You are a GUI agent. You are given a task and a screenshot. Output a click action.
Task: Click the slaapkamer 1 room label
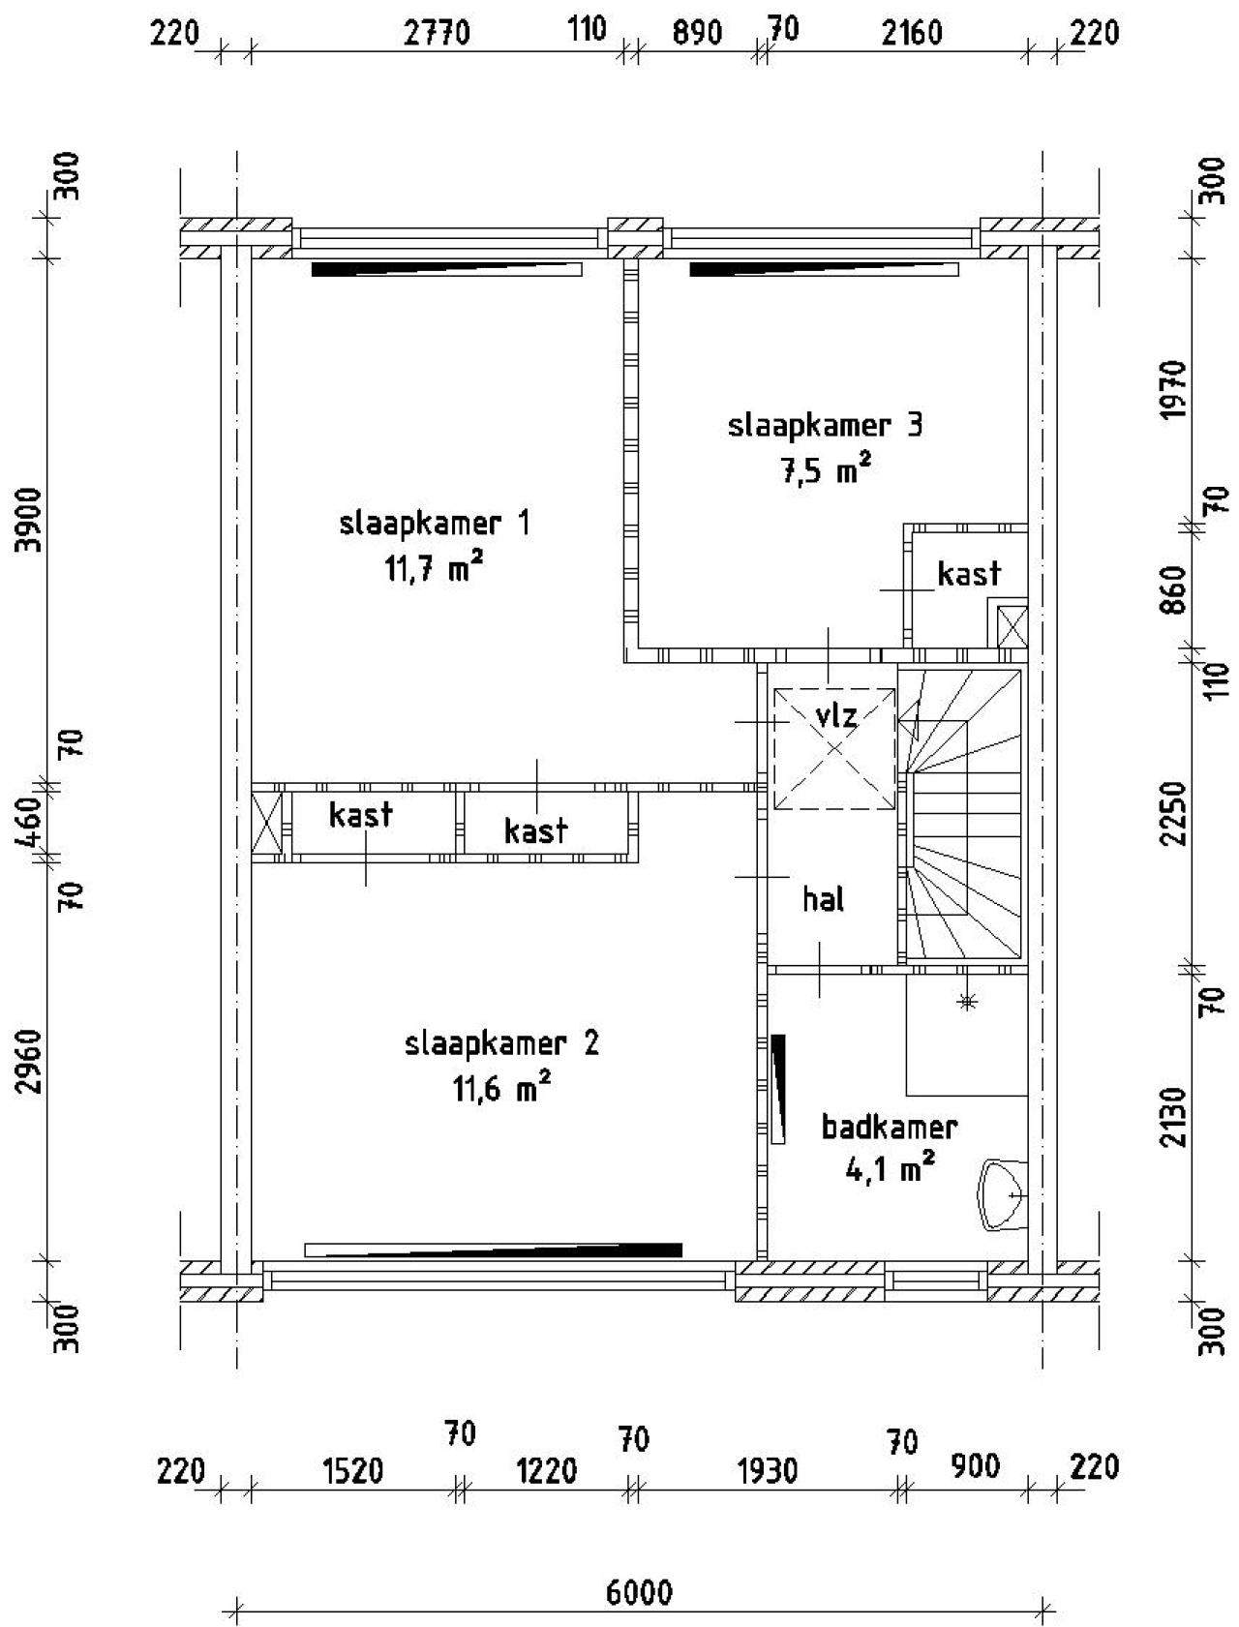[435, 524]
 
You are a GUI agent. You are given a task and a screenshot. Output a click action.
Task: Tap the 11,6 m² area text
[501, 1089]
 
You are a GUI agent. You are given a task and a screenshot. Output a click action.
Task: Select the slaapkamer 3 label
[825, 426]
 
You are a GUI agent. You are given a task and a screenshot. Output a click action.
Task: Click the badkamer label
[890, 1127]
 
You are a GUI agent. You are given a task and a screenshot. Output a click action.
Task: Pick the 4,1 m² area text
[890, 1170]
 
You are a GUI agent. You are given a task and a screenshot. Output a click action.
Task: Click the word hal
[824, 899]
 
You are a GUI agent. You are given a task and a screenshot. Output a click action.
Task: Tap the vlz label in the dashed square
[836, 717]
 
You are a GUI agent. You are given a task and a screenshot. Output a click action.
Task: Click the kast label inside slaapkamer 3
[969, 574]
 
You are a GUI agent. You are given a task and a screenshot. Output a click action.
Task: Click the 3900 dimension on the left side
[34, 521]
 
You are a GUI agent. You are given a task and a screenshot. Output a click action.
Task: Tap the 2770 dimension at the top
[437, 34]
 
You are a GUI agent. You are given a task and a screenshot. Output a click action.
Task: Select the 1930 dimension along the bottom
[768, 1471]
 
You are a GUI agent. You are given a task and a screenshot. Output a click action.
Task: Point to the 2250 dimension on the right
[1174, 813]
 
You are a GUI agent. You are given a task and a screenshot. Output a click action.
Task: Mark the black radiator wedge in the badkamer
[778, 1089]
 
